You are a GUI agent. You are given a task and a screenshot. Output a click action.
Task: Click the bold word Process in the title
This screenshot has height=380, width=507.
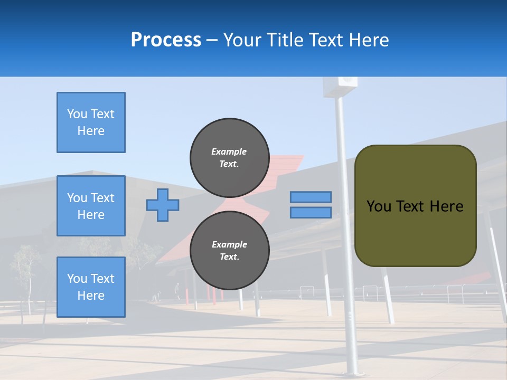point(165,40)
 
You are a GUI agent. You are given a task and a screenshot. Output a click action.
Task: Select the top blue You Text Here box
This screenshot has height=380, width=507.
point(91,122)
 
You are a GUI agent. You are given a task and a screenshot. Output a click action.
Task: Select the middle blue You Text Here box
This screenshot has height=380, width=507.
point(91,206)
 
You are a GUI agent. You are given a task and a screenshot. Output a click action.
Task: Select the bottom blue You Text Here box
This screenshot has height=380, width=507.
point(91,287)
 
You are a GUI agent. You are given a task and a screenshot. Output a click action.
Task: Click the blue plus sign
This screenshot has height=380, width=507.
point(162,205)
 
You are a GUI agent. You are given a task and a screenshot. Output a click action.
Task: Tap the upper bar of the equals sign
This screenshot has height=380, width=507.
point(311,197)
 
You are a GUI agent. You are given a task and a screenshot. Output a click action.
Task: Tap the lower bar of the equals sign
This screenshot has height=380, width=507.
point(311,212)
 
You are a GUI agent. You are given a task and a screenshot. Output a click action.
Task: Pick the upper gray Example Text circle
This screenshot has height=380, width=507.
point(229,157)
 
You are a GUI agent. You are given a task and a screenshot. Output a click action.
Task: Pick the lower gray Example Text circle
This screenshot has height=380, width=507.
point(229,250)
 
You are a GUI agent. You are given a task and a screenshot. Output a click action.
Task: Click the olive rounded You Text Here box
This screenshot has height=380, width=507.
point(415,206)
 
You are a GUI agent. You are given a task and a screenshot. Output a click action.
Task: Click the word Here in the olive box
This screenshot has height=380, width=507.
point(446,206)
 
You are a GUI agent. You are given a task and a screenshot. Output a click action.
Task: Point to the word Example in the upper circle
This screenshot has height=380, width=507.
point(229,151)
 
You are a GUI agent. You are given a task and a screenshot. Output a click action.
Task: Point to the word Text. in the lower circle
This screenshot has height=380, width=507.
point(229,257)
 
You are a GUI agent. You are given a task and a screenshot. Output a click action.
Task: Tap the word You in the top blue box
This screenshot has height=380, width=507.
point(77,114)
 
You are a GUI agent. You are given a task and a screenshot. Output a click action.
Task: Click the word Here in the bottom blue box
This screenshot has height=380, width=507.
point(91,296)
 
